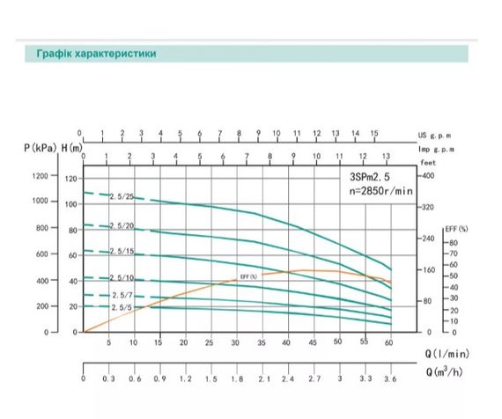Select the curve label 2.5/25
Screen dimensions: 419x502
pos(122,197)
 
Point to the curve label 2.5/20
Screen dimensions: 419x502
pos(122,226)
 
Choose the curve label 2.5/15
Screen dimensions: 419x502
pos(121,253)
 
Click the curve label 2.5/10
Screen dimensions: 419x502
pos(121,279)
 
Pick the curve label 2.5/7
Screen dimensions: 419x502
pos(121,295)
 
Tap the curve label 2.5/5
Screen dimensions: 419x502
pos(121,307)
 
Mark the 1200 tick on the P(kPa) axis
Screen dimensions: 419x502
pos(41,177)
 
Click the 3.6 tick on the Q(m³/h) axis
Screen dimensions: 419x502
pos(389,379)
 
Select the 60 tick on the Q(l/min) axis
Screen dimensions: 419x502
pos(389,343)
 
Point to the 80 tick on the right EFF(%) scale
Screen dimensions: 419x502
pos(454,242)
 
